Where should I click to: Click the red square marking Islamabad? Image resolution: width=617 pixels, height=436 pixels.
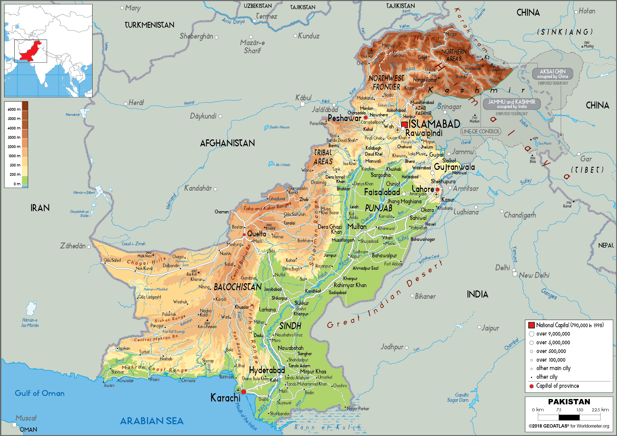(x=404, y=124)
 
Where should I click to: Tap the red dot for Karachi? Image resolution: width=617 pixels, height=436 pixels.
(x=243, y=392)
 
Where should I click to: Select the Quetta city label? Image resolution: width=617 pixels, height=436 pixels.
(x=256, y=234)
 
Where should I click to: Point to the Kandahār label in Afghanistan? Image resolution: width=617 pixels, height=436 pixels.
(x=198, y=188)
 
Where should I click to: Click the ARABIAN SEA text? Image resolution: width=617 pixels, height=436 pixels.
(x=152, y=421)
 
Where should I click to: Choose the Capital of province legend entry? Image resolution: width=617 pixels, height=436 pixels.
(x=557, y=386)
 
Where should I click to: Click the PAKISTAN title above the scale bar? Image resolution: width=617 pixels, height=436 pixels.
(x=569, y=402)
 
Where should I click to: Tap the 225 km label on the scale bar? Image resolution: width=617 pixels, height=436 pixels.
(x=600, y=410)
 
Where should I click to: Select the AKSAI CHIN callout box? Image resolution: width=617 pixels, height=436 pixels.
(x=552, y=74)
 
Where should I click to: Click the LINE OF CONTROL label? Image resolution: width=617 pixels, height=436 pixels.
(x=480, y=131)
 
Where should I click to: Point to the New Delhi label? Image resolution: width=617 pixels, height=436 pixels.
(x=534, y=275)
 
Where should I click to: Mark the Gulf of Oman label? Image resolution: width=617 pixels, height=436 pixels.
(x=40, y=393)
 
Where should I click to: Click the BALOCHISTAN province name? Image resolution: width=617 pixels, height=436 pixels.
(x=238, y=287)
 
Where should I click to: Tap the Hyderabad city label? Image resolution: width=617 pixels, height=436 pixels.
(x=267, y=370)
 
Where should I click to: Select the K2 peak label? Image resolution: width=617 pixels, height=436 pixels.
(x=487, y=57)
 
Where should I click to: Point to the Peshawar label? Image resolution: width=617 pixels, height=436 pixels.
(x=344, y=118)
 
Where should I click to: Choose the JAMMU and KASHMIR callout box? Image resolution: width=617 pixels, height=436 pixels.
(x=512, y=104)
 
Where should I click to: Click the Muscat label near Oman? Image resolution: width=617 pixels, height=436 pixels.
(x=26, y=418)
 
